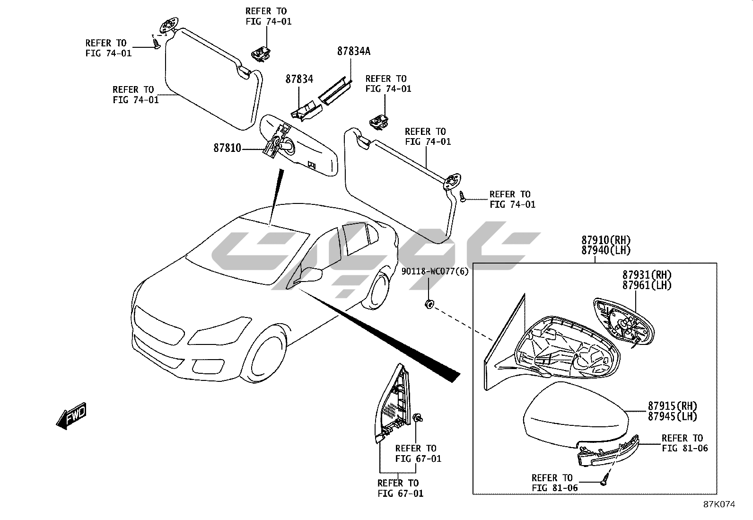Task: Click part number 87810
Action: click(227, 148)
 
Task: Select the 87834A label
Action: click(353, 52)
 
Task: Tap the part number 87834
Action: click(299, 79)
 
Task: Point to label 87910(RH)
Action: click(606, 240)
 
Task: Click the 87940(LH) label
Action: click(606, 251)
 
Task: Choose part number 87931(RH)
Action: click(647, 275)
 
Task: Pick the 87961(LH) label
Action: click(647, 285)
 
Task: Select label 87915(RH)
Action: click(673, 406)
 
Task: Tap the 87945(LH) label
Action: click(673, 416)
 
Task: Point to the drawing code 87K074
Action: click(719, 504)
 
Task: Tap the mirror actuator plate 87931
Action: click(622, 322)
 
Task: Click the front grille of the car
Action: click(158, 325)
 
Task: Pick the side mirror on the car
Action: click(311, 273)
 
